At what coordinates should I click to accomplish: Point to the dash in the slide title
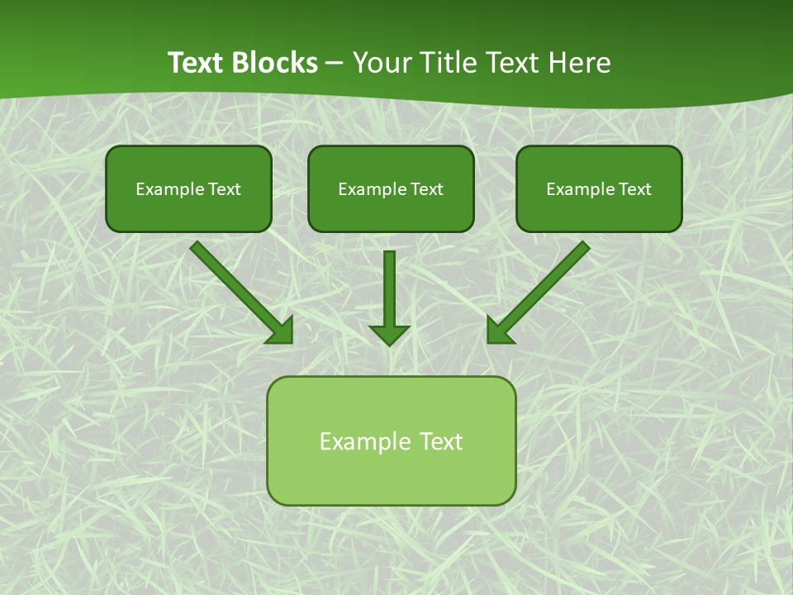point(335,64)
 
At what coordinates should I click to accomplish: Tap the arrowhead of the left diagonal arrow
point(282,331)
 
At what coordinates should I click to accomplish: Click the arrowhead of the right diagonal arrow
point(499,331)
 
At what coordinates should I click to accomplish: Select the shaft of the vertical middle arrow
point(389,285)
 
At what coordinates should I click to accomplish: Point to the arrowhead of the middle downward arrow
point(389,334)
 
